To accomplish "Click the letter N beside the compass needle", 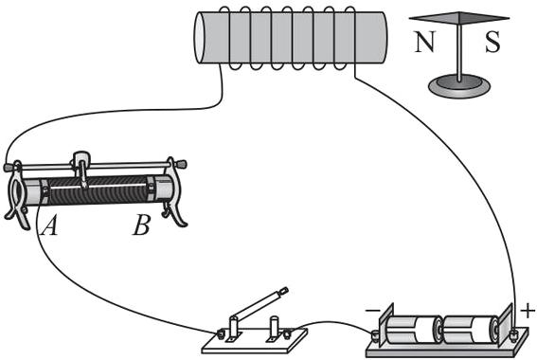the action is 424,42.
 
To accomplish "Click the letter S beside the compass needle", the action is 492,42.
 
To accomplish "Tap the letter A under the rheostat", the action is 49,225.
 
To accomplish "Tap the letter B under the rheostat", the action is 141,225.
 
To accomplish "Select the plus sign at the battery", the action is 528,311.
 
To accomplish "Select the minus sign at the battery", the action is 372,311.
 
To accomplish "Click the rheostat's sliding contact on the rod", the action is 81,168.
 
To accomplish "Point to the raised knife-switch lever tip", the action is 283,291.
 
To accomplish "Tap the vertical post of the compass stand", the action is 459,51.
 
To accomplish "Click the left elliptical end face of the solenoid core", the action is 200,38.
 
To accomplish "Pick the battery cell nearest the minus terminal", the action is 414,330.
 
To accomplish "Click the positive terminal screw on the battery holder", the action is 512,334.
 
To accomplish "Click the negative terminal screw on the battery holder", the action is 375,335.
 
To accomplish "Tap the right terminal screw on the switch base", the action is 287,333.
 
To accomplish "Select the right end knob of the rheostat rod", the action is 181,164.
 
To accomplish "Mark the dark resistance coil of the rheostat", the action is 98,190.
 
